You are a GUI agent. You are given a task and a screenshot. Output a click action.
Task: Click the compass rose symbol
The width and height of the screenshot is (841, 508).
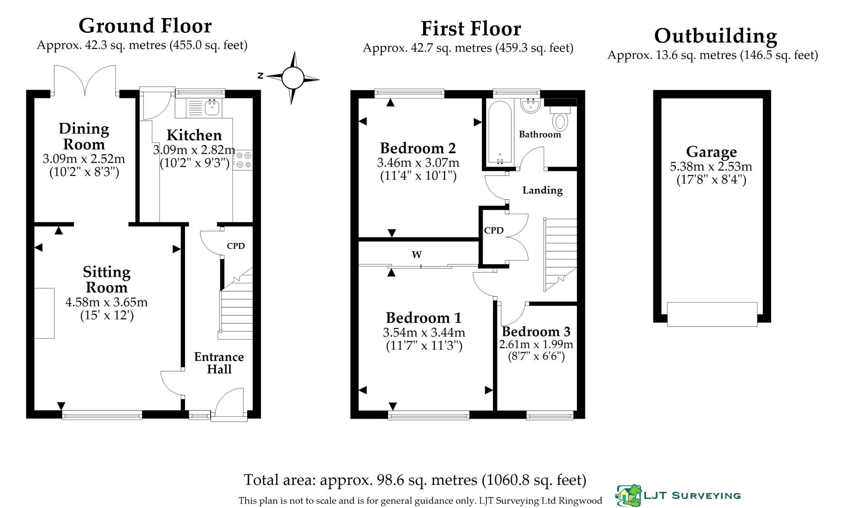coord(293,78)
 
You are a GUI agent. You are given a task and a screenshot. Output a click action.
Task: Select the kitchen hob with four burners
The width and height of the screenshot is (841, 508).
coord(243,160)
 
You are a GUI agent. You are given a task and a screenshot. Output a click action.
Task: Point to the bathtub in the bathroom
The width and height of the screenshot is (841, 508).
coord(499,133)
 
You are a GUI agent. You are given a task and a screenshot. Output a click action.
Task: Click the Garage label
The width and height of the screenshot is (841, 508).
coord(711,152)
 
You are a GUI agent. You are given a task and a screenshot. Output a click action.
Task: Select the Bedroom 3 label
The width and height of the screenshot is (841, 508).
coord(536,332)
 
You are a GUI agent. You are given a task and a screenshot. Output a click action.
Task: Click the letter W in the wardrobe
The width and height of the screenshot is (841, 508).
coord(417,255)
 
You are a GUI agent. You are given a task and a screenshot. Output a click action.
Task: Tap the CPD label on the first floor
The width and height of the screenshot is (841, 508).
coord(494,231)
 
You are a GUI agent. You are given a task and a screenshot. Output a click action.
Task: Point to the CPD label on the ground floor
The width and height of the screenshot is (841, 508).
coord(235,246)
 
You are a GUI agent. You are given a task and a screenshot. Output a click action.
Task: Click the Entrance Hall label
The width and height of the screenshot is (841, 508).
coord(219,363)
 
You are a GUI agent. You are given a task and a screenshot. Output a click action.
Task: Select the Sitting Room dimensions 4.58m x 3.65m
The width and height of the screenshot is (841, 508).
coord(106,302)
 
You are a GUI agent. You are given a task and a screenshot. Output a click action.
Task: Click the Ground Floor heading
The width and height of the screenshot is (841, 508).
coord(145,26)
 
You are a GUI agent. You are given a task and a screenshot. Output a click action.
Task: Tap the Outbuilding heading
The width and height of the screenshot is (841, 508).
coord(716,36)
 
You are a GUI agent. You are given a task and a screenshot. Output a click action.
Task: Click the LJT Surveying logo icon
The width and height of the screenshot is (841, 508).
coord(628,495)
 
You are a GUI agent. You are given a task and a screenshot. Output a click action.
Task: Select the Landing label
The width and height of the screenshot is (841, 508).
coord(542,190)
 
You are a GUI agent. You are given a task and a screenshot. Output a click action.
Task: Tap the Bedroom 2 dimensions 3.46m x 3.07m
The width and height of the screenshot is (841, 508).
coord(418,163)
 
